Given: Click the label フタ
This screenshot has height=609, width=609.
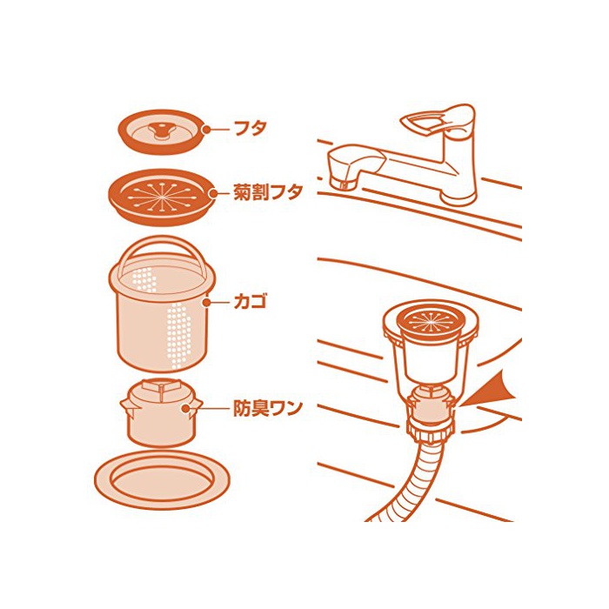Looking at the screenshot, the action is pos(251,129).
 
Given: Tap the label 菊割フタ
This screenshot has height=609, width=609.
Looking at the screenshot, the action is pos(268,192).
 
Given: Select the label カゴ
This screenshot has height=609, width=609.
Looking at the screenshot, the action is pos(251,302).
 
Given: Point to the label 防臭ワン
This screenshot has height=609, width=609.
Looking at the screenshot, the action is pos(268,408).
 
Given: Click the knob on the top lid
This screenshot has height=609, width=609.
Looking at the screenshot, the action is pos(160,130).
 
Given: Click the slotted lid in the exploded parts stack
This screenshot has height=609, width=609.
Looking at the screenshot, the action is pos(162,197).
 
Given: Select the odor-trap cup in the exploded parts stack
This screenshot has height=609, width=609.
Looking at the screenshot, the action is pos(161,412).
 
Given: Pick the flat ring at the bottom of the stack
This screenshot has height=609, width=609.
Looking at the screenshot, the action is pos(162,480).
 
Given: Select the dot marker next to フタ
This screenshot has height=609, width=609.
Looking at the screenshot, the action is pos(206,130).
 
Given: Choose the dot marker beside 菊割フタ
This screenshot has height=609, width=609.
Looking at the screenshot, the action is pos(213,193).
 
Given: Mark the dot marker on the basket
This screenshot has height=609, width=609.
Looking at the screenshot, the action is pos(207,302).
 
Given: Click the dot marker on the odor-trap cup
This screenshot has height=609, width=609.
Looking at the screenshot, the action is pos(185,408).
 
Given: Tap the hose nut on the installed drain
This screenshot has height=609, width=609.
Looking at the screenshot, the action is pos(431,432).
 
